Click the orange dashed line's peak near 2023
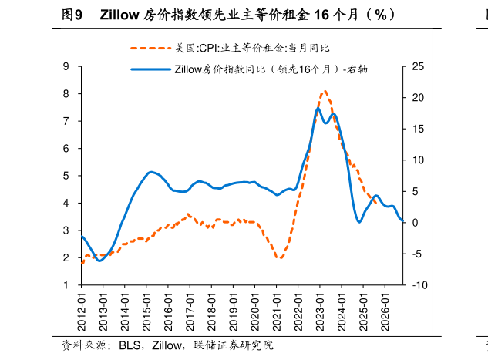(324, 91)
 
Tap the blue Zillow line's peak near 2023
(318, 108)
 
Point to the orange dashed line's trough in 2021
(278, 257)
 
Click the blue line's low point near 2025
(358, 222)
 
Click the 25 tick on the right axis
(418, 67)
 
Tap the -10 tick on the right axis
(419, 285)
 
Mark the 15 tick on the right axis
(418, 130)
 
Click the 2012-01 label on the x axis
(81, 309)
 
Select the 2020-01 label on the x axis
(254, 309)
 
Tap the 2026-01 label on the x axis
(385, 309)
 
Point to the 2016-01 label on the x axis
(168, 309)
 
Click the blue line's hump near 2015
(151, 172)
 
